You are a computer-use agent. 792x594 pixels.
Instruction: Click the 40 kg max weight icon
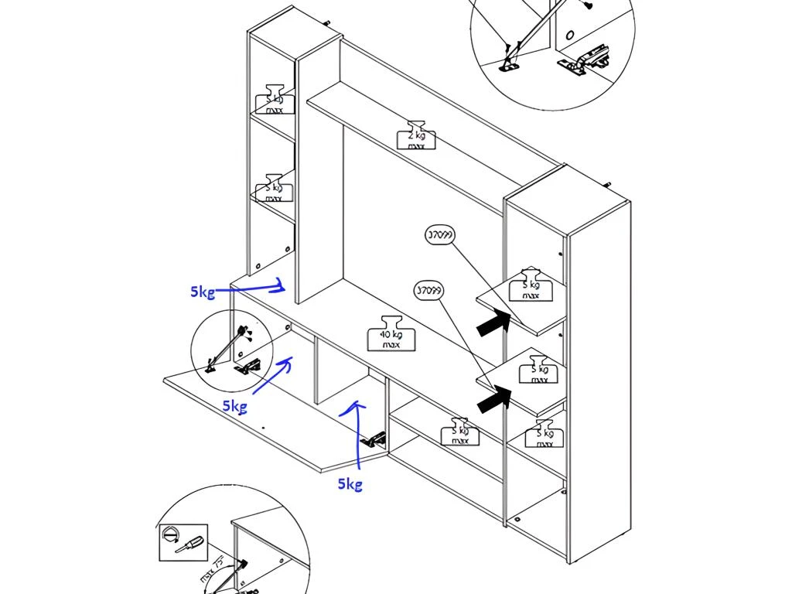[391, 334]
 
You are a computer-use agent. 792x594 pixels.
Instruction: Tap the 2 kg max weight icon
[415, 136]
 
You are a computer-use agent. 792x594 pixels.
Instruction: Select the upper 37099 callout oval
[440, 235]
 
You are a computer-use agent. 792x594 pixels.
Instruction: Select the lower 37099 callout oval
[429, 292]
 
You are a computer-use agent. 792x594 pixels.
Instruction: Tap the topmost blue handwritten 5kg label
[203, 292]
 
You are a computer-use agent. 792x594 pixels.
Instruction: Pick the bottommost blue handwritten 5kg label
[350, 484]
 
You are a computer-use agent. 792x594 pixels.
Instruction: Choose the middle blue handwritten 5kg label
[234, 405]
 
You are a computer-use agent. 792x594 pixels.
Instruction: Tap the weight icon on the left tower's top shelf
[275, 99]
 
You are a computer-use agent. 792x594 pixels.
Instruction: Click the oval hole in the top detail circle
[570, 35]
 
